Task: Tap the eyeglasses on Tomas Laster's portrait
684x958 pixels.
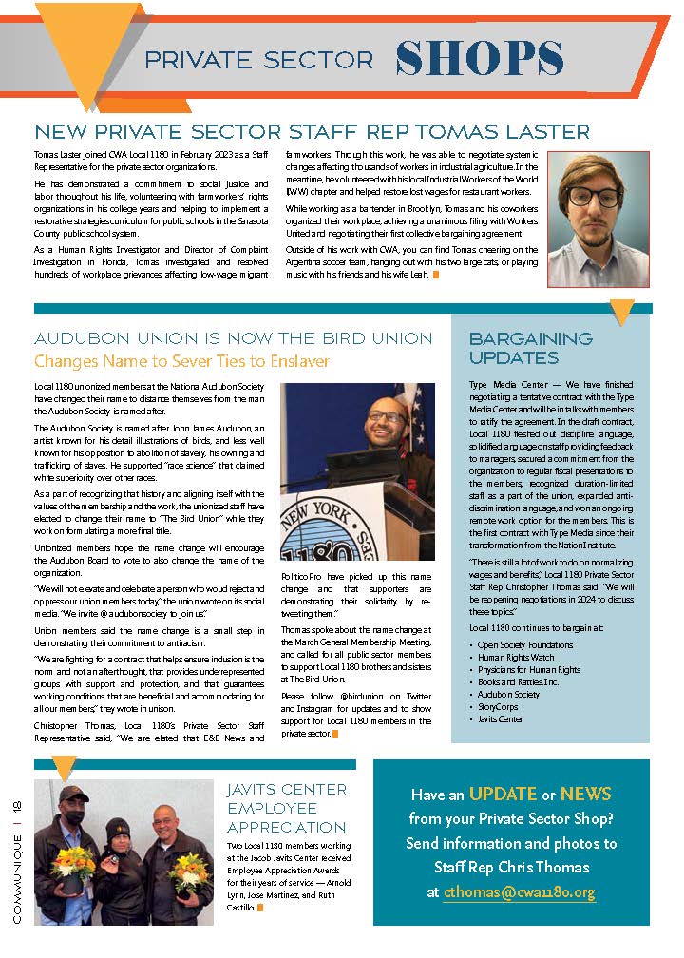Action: pyautogui.click(x=597, y=198)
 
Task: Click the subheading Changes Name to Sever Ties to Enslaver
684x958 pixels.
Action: pyautogui.click(x=181, y=361)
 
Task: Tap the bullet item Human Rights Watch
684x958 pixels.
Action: pyautogui.click(x=516, y=657)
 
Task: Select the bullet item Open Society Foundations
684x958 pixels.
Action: pyautogui.click(x=525, y=644)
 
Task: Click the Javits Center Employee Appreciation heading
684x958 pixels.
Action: pyautogui.click(x=287, y=808)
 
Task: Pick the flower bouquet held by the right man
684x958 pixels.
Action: pyautogui.click(x=188, y=868)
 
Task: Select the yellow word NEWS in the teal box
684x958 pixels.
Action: pyautogui.click(x=585, y=794)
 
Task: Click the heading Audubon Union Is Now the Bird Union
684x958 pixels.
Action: pyautogui.click(x=233, y=338)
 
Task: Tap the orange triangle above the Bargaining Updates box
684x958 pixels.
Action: pyautogui.click(x=621, y=312)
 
